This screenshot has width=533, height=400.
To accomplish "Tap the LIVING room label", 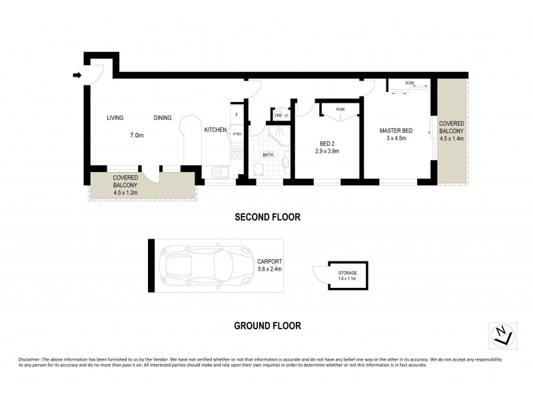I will (x=115, y=118).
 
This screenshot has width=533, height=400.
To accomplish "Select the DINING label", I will (x=163, y=118).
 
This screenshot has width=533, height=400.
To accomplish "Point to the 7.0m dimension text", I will (x=137, y=135).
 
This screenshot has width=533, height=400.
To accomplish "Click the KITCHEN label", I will (x=215, y=130).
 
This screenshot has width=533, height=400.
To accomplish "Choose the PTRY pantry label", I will (x=237, y=135).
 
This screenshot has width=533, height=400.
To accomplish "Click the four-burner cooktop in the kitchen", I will (x=236, y=154).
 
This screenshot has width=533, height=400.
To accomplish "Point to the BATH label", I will (x=268, y=155).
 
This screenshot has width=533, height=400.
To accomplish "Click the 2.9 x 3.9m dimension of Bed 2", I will (x=327, y=151).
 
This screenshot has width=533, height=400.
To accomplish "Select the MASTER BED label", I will (x=393, y=130).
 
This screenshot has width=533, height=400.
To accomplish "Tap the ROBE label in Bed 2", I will (x=340, y=109).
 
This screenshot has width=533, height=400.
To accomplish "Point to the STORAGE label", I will (x=346, y=273).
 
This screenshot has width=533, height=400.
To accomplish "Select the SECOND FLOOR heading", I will (x=266, y=217).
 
